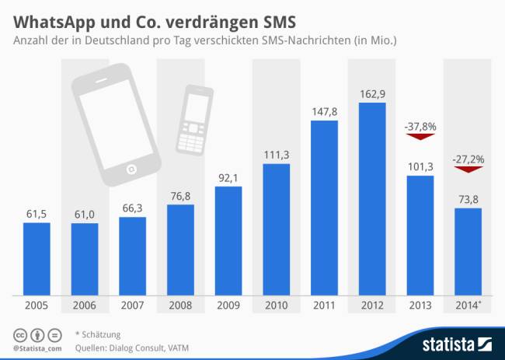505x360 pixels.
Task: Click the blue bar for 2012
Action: pos(371,199)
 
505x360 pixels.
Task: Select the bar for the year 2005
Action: pos(37,259)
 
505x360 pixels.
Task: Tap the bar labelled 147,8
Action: pos(324,208)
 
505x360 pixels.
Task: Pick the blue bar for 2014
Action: pos(468,251)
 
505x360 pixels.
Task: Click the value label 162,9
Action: pos(371,93)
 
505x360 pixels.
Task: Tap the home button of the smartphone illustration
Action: pos(131,169)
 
